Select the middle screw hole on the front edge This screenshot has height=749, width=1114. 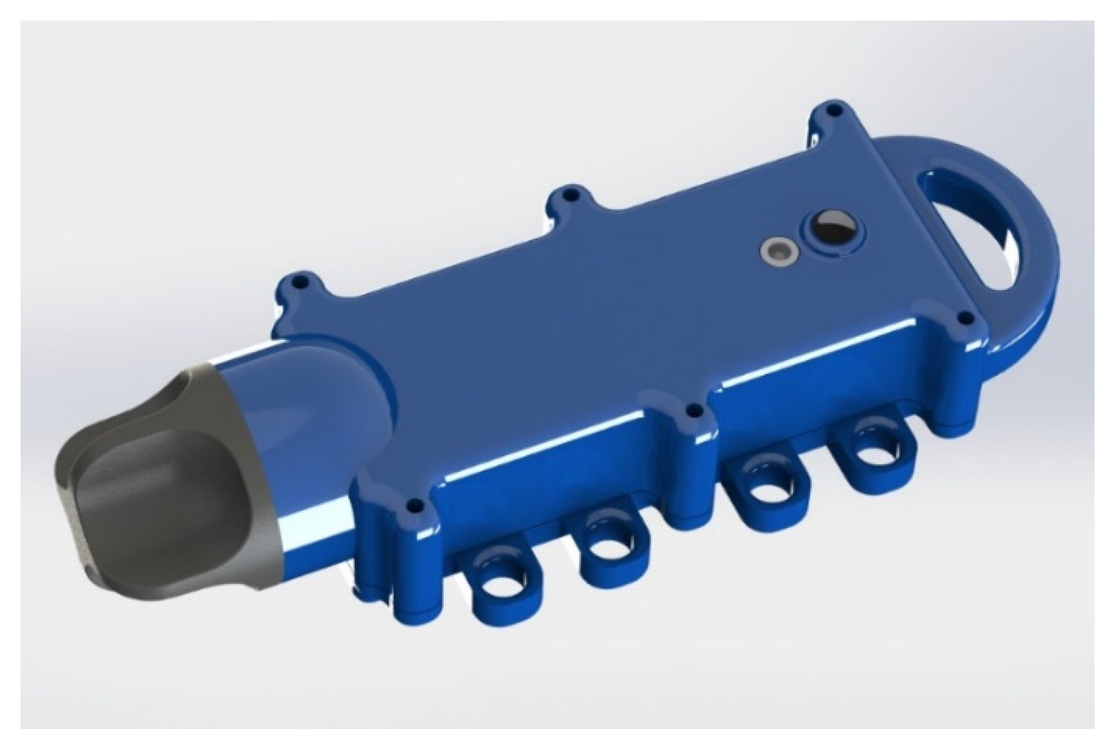click(693, 410)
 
